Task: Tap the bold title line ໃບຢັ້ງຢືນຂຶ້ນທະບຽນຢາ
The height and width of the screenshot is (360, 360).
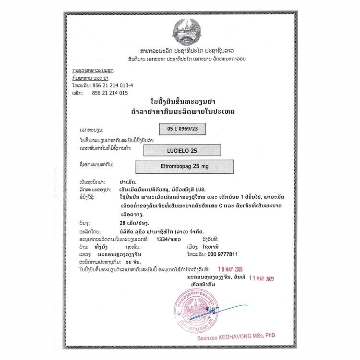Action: pyautogui.click(x=180, y=102)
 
